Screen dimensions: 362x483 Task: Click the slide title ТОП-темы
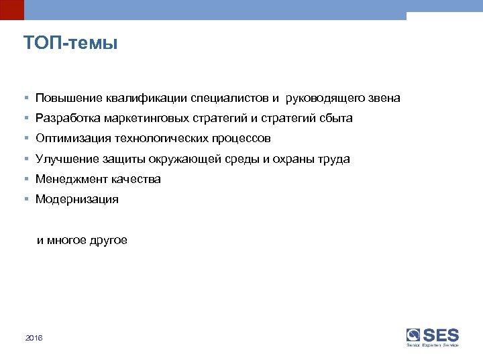coord(70,44)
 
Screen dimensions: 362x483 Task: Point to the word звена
coord(384,99)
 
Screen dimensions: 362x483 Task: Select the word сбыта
coord(335,119)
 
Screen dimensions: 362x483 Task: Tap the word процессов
coord(243,139)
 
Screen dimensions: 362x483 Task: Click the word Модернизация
coord(77,200)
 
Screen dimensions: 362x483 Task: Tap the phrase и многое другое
coord(82,241)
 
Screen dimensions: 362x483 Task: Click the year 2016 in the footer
coord(34,339)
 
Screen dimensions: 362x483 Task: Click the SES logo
coord(433,337)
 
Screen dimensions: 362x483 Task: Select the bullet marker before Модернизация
coord(25,200)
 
